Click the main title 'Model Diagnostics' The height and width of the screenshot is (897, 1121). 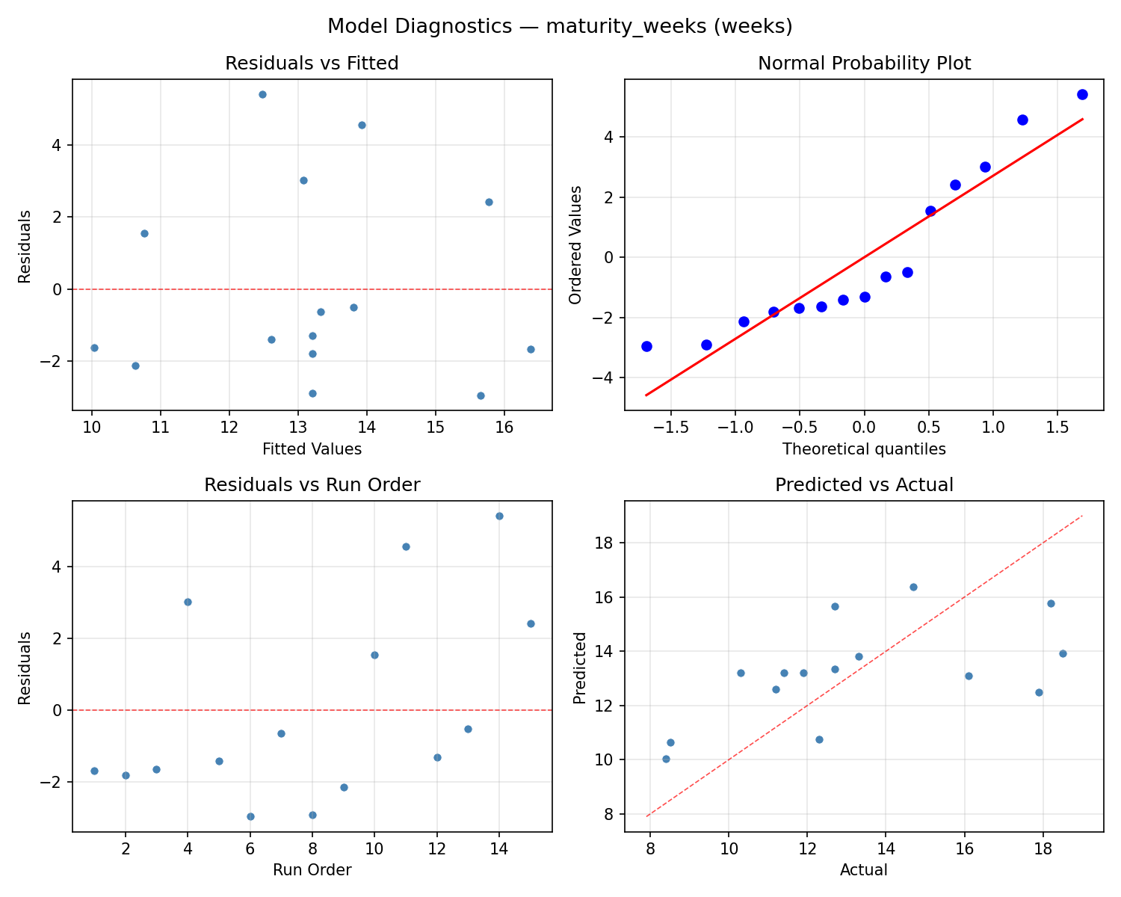[560, 26]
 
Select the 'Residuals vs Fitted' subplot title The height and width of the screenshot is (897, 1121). [312, 64]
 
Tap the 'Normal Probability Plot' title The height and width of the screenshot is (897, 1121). [864, 64]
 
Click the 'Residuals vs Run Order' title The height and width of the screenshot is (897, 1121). [312, 485]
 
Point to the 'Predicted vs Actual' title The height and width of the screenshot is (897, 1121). [864, 485]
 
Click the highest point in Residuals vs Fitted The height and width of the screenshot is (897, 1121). [262, 94]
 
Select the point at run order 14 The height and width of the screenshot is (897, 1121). [499, 516]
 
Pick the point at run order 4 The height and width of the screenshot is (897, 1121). [188, 602]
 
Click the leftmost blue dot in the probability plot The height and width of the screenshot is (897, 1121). [646, 346]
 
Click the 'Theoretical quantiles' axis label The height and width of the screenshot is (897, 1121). [864, 449]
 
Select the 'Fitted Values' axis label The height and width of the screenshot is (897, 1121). [312, 449]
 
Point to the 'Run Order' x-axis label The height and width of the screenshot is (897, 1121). [312, 870]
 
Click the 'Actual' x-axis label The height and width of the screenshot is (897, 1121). [864, 870]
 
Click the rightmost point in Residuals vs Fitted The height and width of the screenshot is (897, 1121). [531, 349]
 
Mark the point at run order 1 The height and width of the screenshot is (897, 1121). [94, 771]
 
